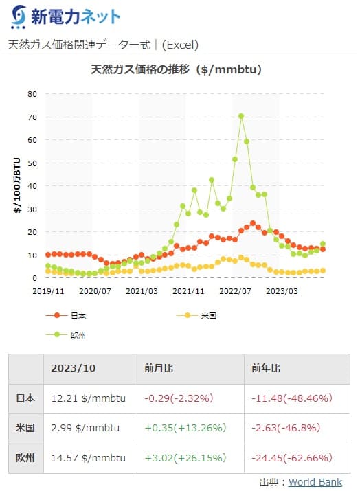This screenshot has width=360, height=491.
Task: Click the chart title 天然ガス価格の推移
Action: pyautogui.click(x=177, y=69)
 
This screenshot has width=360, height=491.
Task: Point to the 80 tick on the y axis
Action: pyautogui.click(x=32, y=94)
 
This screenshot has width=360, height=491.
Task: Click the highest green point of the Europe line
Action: pyautogui.click(x=241, y=116)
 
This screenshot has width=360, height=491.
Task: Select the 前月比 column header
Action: pyautogui.click(x=159, y=368)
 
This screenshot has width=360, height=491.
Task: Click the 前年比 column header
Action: pyautogui.click(x=267, y=368)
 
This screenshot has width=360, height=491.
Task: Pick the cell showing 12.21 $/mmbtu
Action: pyautogui.click(x=85, y=398)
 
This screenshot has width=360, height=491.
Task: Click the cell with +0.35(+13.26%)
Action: pyautogui.click(x=185, y=427)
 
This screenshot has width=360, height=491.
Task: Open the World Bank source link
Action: pyautogui.click(x=315, y=481)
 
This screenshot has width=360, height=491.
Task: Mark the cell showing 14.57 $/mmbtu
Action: pyautogui.click(x=85, y=457)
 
